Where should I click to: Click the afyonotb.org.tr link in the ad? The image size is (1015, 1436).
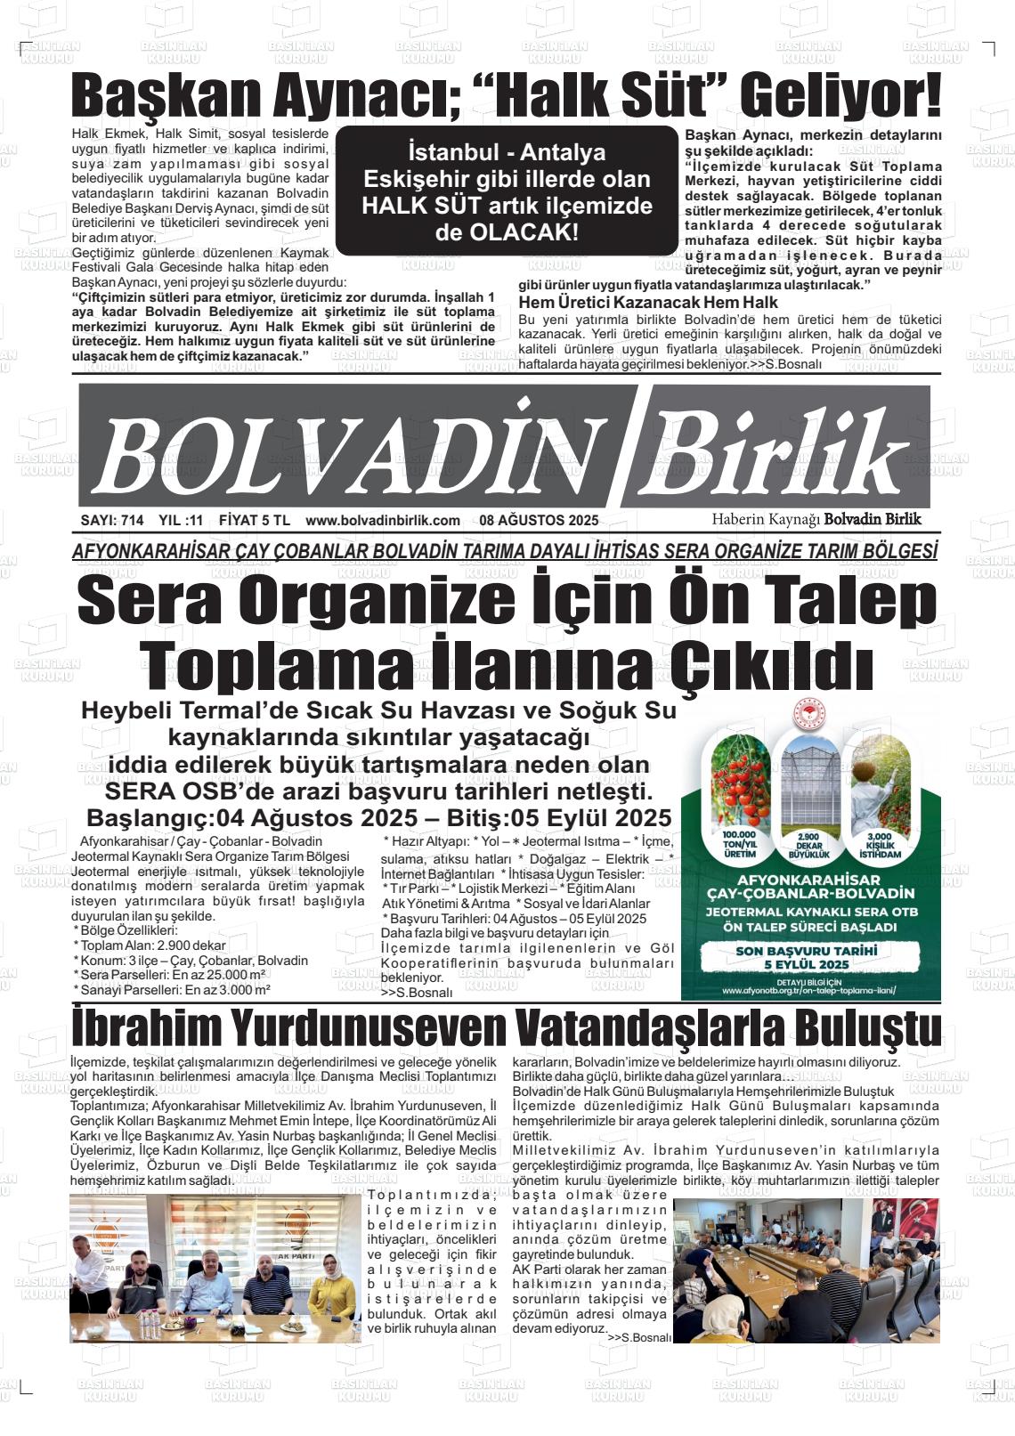click(x=808, y=989)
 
